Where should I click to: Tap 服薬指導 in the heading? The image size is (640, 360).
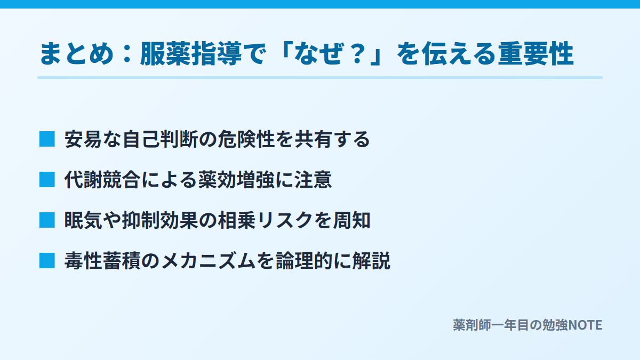click(191, 53)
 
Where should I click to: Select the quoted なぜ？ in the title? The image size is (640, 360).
click(331, 53)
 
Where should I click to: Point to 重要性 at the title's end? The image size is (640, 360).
click(536, 53)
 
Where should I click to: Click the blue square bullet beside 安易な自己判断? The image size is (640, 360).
click(47, 139)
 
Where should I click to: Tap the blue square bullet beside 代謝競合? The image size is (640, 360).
click(47, 180)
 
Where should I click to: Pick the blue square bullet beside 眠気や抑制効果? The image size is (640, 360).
click(47, 220)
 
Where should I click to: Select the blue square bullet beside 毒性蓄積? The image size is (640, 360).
click(47, 261)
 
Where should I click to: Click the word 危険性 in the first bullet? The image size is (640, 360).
click(246, 139)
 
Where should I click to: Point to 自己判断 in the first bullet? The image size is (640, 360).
click(161, 139)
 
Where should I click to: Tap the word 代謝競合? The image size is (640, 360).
click(102, 180)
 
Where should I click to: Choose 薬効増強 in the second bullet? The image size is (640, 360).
click(237, 180)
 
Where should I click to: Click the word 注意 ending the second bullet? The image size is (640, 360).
click(313, 180)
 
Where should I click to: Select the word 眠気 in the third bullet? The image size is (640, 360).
click(83, 220)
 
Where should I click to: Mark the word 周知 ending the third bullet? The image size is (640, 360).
click(351, 220)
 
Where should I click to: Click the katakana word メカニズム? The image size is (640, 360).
click(209, 261)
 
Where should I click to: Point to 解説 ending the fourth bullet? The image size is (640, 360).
click(371, 261)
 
